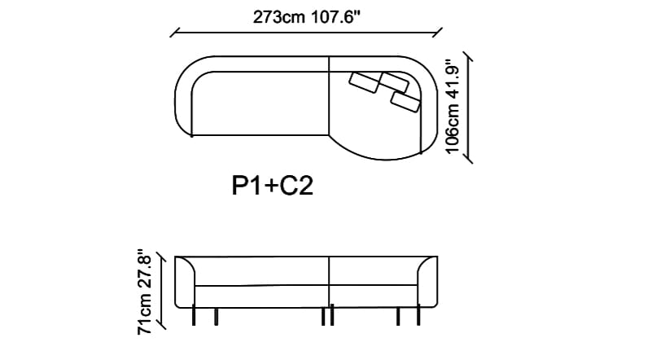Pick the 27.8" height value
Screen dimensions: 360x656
(146, 268)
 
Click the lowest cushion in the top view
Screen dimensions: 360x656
(405, 102)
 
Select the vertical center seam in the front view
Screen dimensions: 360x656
(329, 281)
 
